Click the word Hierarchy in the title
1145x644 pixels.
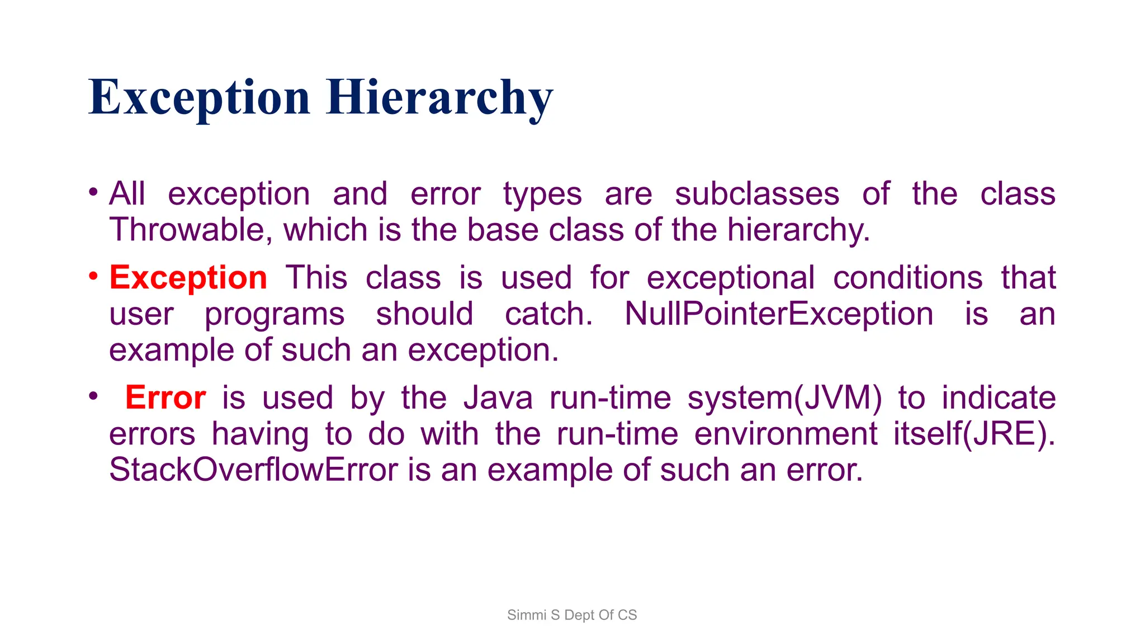click(439, 98)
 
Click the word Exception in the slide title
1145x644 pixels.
click(199, 98)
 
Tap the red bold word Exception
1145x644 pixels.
click(188, 278)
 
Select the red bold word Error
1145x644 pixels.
click(165, 398)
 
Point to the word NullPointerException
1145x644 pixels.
click(779, 314)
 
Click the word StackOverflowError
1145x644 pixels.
click(253, 470)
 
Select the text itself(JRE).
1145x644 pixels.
click(974, 434)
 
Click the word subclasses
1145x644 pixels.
click(757, 194)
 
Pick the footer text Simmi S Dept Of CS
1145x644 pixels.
click(572, 615)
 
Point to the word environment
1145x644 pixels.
click(786, 434)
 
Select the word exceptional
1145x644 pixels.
click(731, 278)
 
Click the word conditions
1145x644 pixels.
click(907, 278)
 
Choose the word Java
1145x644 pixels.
click(498, 398)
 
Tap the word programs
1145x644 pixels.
click(275, 315)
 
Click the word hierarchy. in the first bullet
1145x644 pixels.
click(798, 230)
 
